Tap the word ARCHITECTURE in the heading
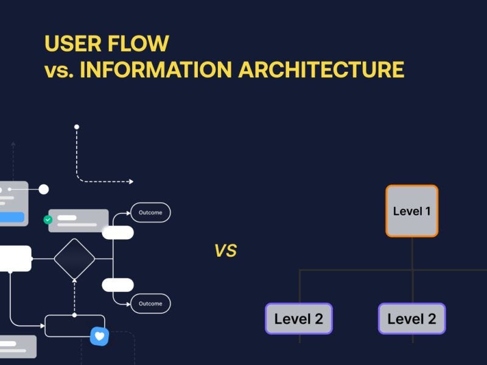click(x=321, y=69)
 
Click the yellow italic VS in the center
click(x=225, y=251)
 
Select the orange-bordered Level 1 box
click(x=412, y=211)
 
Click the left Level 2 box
click(x=298, y=319)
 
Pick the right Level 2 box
click(x=412, y=319)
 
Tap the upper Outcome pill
click(x=150, y=212)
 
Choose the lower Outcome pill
click(x=150, y=304)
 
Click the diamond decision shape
click(x=74, y=259)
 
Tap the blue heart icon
click(x=99, y=336)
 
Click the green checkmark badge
click(x=48, y=220)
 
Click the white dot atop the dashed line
click(x=77, y=127)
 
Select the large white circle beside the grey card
click(x=44, y=189)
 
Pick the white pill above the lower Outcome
click(x=117, y=285)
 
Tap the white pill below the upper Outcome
click(x=117, y=232)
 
